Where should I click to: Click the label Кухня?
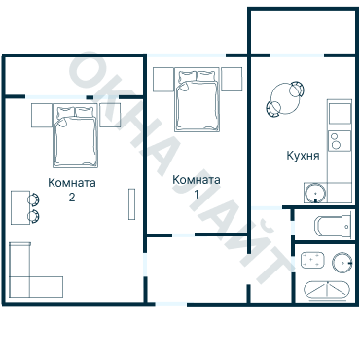pyautogui.click(x=303, y=156)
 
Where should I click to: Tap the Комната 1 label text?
pyautogui.click(x=197, y=187)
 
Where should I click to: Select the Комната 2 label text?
pyautogui.click(x=72, y=190)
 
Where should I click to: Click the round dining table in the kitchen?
pyautogui.click(x=286, y=98)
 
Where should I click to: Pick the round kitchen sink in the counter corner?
pyautogui.click(x=315, y=193)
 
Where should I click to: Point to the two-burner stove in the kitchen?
pyautogui.click(x=340, y=141)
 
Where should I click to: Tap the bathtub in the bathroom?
pyautogui.click(x=327, y=289)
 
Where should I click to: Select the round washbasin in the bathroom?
pyautogui.click(x=342, y=262)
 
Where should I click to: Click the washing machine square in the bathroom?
pyautogui.click(x=312, y=260)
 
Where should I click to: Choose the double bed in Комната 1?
pyautogui.click(x=198, y=100)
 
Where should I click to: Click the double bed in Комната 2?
pyautogui.click(x=76, y=135)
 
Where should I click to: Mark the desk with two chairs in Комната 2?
pyautogui.click(x=24, y=207)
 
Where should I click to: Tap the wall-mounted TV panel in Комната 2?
pyautogui.click(x=131, y=204)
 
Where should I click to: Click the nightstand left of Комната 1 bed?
pyautogui.click(x=163, y=80)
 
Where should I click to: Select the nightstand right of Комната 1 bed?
pyautogui.click(x=232, y=80)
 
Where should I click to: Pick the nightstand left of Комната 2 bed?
pyautogui.click(x=42, y=115)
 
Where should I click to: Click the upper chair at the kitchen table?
pyautogui.click(x=297, y=89)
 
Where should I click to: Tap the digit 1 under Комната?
pyautogui.click(x=197, y=195)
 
